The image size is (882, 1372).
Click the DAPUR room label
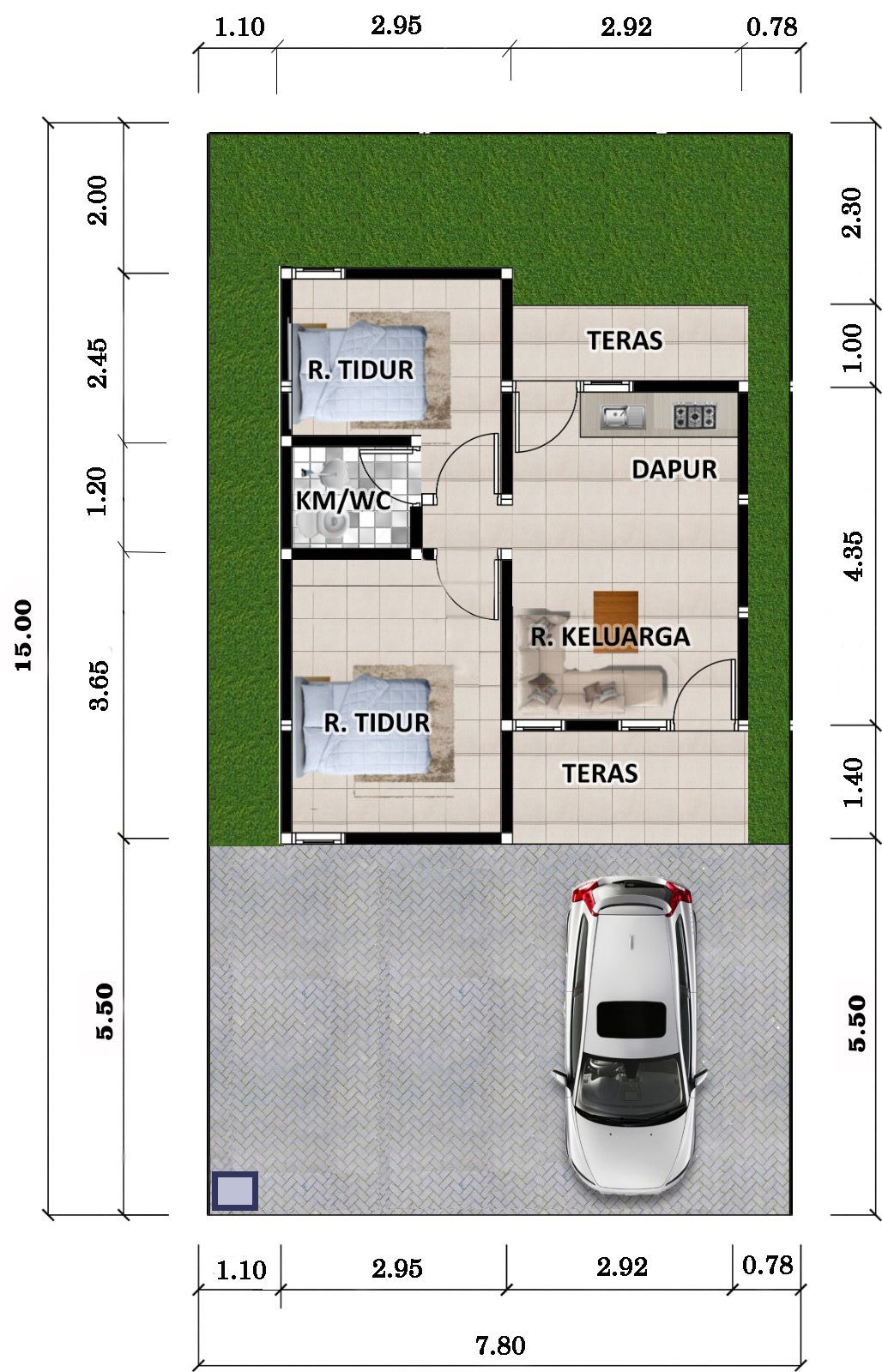point(674,470)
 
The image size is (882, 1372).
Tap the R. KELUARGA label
point(610,636)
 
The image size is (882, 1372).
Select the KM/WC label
point(342,501)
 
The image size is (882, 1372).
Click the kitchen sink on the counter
point(622,417)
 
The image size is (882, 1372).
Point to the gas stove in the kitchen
point(695,417)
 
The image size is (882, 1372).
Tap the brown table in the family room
point(615,622)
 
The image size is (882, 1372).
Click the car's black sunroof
point(631,1020)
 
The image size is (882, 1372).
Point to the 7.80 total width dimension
point(500,1345)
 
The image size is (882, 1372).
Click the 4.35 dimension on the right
point(853,556)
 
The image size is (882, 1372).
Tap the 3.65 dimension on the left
point(99,685)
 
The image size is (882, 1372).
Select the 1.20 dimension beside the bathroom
point(97,491)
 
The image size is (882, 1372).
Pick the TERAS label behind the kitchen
point(625,340)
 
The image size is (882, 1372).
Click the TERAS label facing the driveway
point(600,773)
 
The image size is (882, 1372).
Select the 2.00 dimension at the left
point(97,201)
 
